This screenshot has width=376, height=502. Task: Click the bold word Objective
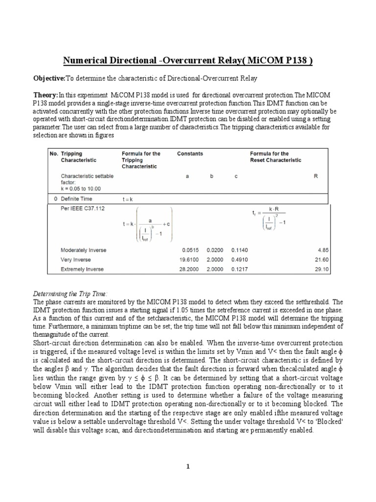pyautogui.click(x=49, y=78)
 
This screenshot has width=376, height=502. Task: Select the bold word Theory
pyautogui.click(x=45, y=95)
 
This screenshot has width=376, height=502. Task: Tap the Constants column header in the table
pyautogui.click(x=190, y=153)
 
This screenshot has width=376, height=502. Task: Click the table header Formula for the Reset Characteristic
pyautogui.click(x=276, y=157)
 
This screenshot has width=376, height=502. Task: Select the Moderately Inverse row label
pyautogui.click(x=83, y=251)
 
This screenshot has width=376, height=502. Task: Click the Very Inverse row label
pyautogui.click(x=75, y=260)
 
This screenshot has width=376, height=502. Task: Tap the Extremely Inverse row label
pyautogui.click(x=81, y=269)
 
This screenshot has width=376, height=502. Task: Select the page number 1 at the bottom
pyautogui.click(x=188, y=467)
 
